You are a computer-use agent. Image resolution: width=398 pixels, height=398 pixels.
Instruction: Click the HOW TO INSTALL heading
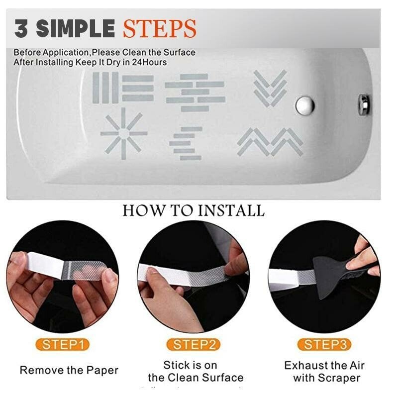194,210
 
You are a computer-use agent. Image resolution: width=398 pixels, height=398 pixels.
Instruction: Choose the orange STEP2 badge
194,344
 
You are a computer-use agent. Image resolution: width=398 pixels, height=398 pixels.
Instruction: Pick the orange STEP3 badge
324,344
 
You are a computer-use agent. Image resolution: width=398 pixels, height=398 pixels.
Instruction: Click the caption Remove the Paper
69,370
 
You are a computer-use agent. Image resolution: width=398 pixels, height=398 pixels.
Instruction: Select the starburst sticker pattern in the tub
123,133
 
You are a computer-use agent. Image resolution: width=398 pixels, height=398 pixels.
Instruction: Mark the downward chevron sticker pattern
270,88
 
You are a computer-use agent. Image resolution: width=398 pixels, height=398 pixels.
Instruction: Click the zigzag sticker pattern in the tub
270,141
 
